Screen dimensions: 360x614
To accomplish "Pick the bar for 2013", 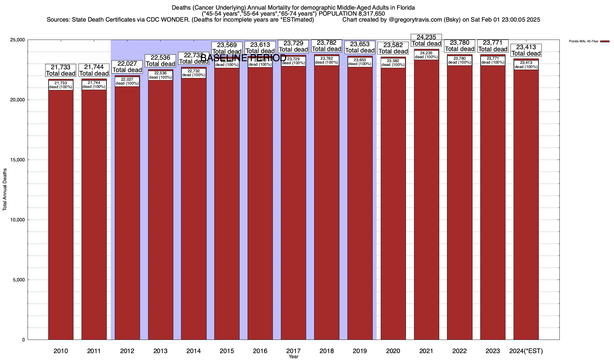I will tap(160, 210).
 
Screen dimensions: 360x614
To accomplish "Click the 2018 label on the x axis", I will tap(326, 351).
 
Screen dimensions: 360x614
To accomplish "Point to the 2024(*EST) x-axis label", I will tap(526, 351).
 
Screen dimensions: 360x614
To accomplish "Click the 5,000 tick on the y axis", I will tap(19, 280).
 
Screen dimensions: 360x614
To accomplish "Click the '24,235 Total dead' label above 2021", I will tap(426, 40).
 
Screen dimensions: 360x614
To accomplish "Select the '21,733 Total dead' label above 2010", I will tap(61, 70).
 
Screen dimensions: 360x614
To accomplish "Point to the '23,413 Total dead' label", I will tap(526, 50).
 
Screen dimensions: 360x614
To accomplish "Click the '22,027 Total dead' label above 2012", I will tap(127, 67).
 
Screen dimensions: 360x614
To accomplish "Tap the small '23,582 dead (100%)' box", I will tap(393, 63).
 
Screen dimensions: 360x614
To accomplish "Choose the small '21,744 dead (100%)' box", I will tap(94, 85).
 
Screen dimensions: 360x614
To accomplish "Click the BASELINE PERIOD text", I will tap(243, 58).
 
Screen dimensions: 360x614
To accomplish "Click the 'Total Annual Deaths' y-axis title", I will tap(5, 189).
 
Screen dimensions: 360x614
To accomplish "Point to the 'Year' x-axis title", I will tap(293, 357).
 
